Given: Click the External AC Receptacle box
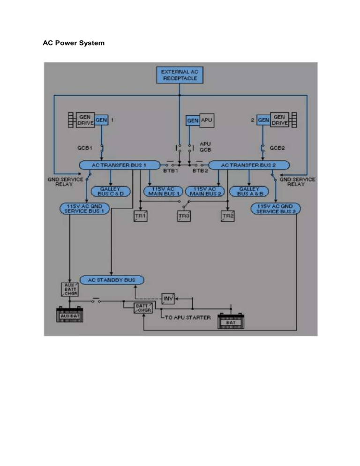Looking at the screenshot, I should pyautogui.click(x=180, y=75).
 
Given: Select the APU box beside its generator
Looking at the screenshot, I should pyautogui.click(x=207, y=120).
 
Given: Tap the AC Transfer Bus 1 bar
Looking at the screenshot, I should pyautogui.click(x=119, y=165).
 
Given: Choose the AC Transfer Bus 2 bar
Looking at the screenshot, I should pyautogui.click(x=248, y=165).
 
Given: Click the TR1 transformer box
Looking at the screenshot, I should pyautogui.click(x=140, y=216).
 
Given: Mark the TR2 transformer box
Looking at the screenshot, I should pyautogui.click(x=228, y=216).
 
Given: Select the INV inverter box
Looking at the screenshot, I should pyautogui.click(x=168, y=298).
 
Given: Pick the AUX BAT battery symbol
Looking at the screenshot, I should pyautogui.click(x=71, y=316).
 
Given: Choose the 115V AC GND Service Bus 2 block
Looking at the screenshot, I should pyautogui.click(x=276, y=209).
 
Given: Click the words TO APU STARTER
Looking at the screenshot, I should pyautogui.click(x=187, y=317).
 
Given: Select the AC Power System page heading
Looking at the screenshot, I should pyautogui.click(x=74, y=43).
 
